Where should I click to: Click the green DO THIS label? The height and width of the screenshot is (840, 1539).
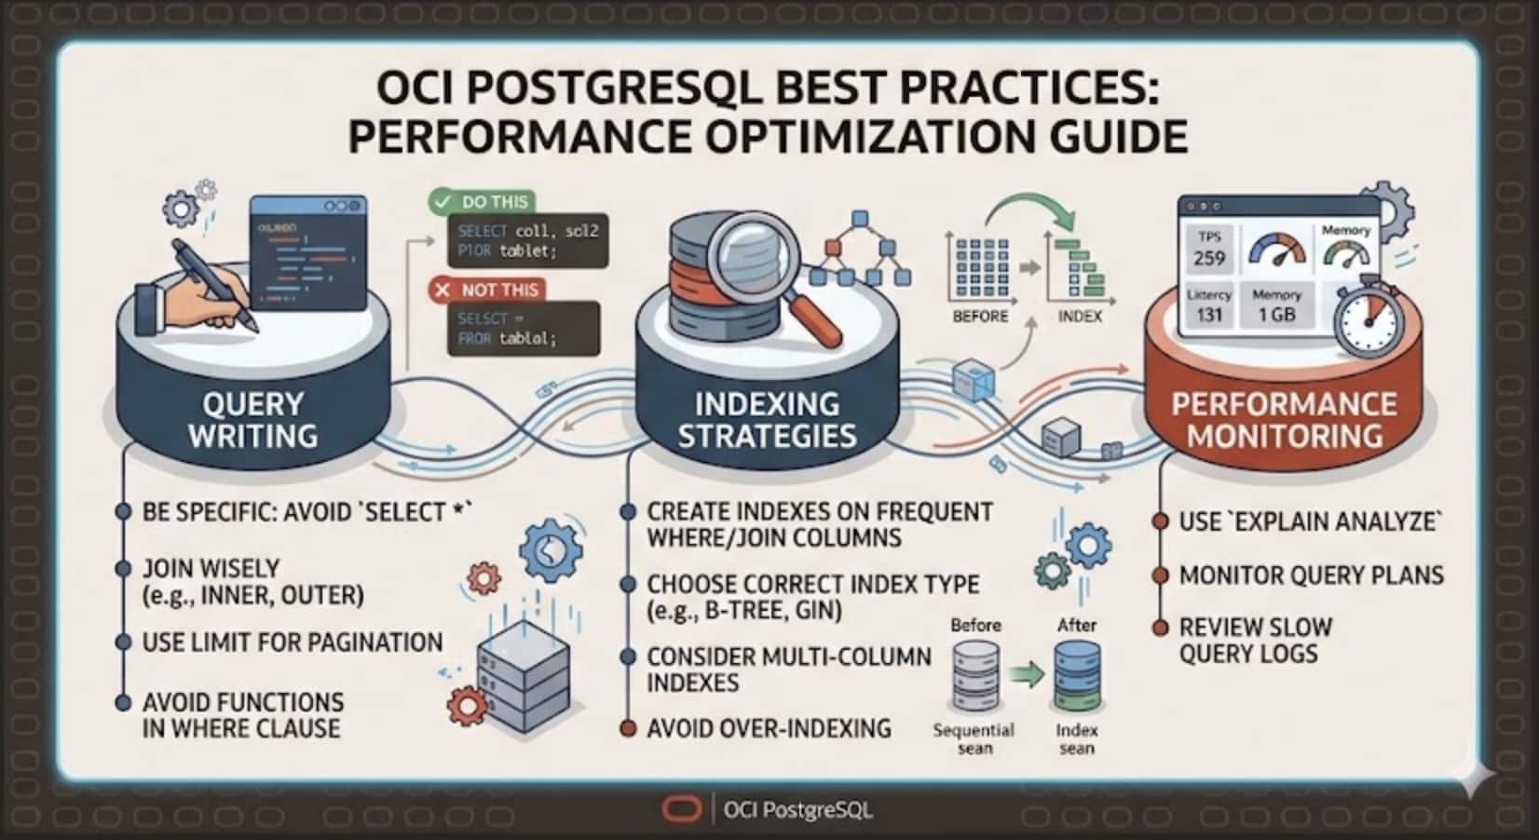pos(482,201)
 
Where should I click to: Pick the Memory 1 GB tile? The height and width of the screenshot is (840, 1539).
pos(1276,305)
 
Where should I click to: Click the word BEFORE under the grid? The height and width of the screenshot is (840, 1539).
pos(980,317)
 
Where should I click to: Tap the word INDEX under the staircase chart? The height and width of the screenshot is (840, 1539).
pos(1080,317)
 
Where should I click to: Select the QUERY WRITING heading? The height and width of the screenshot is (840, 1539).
pos(253,420)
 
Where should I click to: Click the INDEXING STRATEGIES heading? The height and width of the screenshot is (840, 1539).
pos(767,420)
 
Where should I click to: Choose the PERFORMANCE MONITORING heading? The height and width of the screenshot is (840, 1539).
pos(1284,420)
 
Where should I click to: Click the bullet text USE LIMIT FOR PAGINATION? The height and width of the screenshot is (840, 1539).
pos(292,643)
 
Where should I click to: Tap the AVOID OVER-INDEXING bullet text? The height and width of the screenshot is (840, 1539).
pos(769,728)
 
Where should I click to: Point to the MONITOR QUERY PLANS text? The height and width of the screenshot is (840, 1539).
pos(1311,576)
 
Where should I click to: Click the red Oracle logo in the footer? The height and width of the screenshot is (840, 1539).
pos(682,809)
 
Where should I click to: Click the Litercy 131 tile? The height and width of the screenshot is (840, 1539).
pos(1209,305)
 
